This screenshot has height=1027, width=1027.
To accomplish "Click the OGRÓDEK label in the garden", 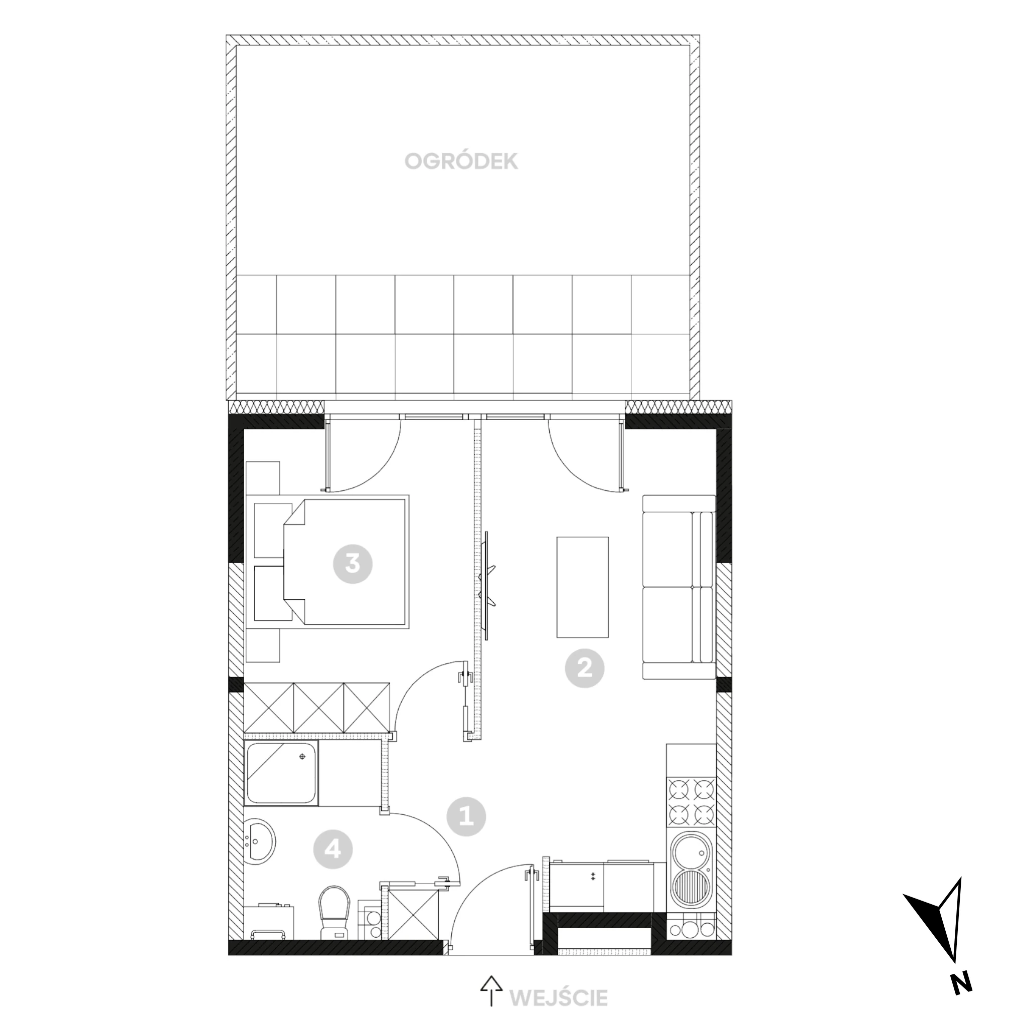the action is point(461,161).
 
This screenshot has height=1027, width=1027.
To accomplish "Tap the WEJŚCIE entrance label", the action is point(559,998).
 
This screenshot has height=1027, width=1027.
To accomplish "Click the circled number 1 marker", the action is point(466,816).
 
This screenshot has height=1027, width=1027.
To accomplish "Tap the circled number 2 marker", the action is point(584,667).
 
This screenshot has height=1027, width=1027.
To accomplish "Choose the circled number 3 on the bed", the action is point(353,564).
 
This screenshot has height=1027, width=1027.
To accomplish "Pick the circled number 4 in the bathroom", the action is point(333,849).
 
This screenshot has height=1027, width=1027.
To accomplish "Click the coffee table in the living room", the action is point(582,587).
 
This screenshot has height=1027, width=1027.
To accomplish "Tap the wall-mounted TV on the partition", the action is point(485,586).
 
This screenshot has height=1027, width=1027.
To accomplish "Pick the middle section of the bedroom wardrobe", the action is point(318,707).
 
